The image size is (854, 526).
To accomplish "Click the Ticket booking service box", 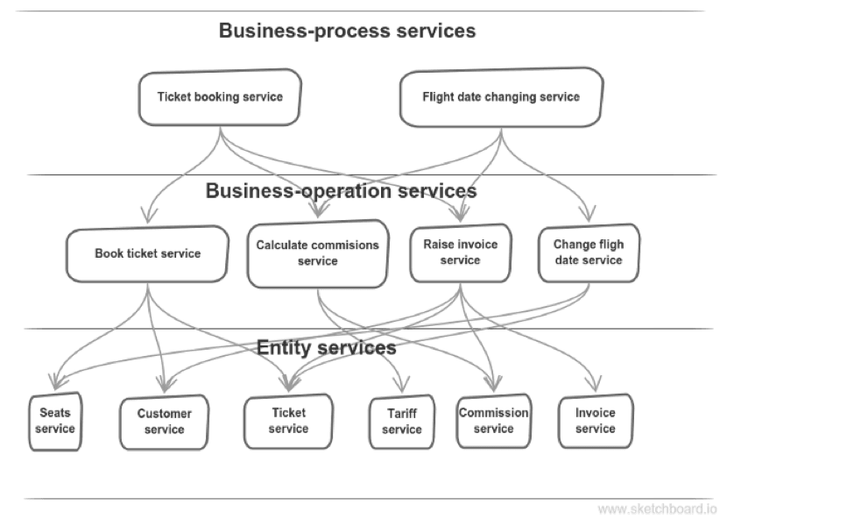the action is point(220,97).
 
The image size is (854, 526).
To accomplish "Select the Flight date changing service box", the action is point(501,97).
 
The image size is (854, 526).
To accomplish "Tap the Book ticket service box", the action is point(148,253).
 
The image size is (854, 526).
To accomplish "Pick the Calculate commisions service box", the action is point(318,253).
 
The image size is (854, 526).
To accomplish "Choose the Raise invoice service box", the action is point(460,252).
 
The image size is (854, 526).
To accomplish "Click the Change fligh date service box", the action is point(589,252).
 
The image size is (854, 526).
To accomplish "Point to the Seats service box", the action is point(55,422).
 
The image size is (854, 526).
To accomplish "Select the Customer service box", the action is point(164,422).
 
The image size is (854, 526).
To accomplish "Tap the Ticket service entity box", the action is point(288,421).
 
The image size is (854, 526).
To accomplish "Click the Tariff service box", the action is point(402,422).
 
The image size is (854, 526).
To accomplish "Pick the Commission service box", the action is point(493,421).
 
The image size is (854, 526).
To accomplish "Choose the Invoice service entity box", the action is point(596,421).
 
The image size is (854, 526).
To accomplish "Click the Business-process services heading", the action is point(348,31).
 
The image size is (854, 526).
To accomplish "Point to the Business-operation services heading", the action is point(341,191).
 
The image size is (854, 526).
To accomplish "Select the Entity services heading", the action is point(326,347).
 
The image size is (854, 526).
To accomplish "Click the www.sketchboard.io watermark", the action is point(658,509).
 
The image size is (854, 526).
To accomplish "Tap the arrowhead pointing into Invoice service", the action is point(596,384).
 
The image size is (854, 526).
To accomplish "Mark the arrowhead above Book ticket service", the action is point(148,215).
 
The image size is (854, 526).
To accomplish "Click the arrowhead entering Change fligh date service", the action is point(589,214).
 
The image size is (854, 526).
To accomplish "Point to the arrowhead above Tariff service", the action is point(402,385).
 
